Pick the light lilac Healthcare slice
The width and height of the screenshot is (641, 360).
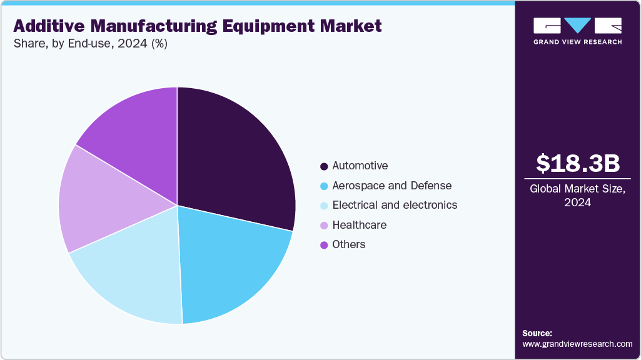(x=100, y=200)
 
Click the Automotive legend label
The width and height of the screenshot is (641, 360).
(x=360, y=166)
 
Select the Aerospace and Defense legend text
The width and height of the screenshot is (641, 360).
(x=392, y=186)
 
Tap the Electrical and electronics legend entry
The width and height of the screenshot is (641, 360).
(x=395, y=205)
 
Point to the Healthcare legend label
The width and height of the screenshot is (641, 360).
(x=360, y=225)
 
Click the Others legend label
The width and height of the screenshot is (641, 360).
(x=349, y=244)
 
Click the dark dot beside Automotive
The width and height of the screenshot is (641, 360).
(x=324, y=166)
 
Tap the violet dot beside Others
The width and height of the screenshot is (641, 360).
(x=324, y=245)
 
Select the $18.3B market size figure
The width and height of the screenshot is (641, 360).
(x=578, y=163)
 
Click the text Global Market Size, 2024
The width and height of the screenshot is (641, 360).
(x=578, y=196)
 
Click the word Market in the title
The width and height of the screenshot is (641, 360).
(x=346, y=26)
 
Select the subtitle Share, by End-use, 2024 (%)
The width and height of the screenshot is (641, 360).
(x=90, y=44)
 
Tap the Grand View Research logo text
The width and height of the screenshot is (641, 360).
(x=578, y=42)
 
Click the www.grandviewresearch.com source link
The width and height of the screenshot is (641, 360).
(x=578, y=344)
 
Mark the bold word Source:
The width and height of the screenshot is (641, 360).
(x=537, y=333)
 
